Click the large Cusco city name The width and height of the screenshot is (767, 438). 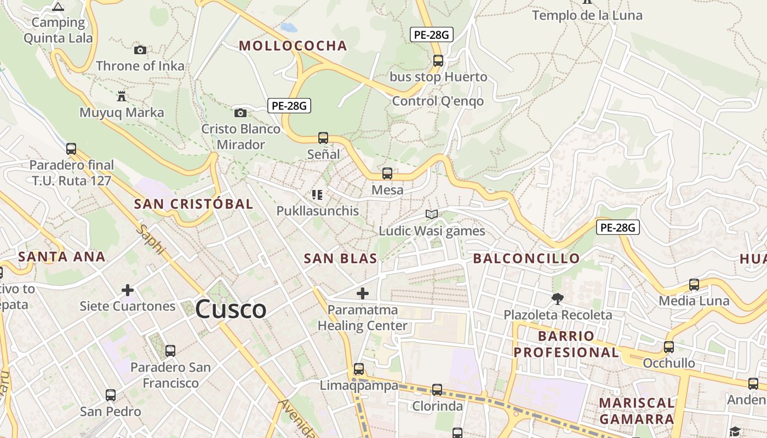[231, 309]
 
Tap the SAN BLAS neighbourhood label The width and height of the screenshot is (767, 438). [340, 258]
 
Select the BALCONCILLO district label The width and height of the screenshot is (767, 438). [526, 258]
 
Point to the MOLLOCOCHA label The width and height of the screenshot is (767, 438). [293, 45]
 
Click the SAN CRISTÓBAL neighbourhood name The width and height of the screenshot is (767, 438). [193, 204]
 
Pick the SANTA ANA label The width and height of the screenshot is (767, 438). [61, 256]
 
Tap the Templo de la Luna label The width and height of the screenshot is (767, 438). [587, 15]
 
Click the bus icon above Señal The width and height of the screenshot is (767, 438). [323, 138]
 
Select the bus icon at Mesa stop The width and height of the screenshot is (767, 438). [387, 174]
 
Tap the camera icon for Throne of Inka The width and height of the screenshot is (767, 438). [140, 50]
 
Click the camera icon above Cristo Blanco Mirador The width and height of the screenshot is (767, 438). [240, 113]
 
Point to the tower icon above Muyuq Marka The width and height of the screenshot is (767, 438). [122, 96]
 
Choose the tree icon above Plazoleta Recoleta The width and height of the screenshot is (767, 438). [558, 298]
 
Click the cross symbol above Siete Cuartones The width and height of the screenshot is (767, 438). [128, 290]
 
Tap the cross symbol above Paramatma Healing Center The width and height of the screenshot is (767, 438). [362, 293]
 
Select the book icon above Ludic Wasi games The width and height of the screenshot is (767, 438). [432, 214]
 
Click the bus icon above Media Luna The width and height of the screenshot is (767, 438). [694, 284]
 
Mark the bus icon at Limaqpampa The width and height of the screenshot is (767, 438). [359, 369]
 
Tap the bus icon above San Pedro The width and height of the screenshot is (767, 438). [111, 395]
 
